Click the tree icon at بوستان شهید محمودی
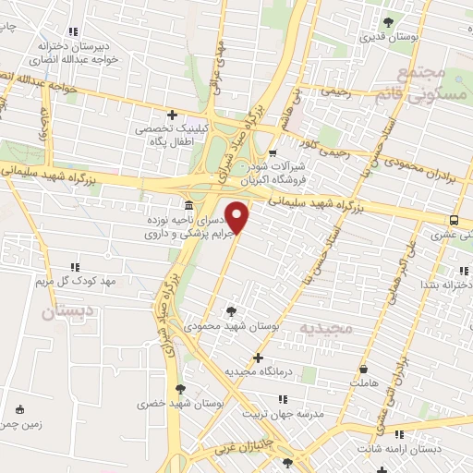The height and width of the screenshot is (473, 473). click(230, 310)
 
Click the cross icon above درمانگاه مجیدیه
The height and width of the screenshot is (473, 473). click(258, 358)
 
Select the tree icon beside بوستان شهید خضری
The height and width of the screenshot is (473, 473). click(180, 389)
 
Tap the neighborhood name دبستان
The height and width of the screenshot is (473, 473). click(67, 312)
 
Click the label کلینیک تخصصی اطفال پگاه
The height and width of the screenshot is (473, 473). click(174, 136)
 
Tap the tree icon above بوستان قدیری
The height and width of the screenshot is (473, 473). click(388, 21)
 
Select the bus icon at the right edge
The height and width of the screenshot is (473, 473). click(454, 220)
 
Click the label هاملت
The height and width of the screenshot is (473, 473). click(363, 382)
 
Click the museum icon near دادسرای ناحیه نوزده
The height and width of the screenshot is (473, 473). click(188, 204)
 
